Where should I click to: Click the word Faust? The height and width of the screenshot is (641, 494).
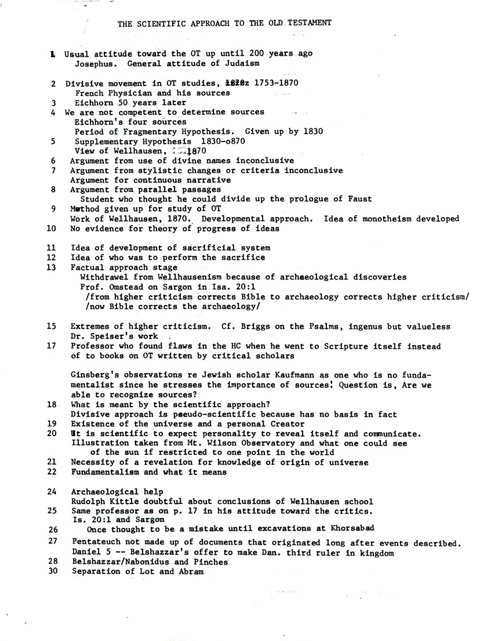[360, 199]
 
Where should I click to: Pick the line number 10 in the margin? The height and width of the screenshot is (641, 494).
[51, 229]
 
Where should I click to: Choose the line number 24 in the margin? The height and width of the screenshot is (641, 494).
[52, 491]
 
